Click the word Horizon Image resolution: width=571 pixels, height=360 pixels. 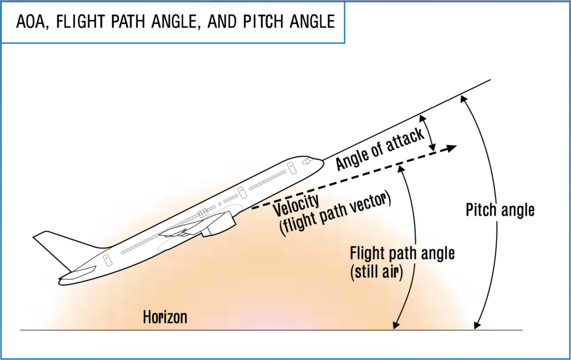pos(164,317)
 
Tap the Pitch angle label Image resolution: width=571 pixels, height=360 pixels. pos(500,210)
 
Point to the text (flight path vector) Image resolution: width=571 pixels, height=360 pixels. pos(334,217)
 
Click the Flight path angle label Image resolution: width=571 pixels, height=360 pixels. pos(402,253)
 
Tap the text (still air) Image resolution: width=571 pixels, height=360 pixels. pos(376,272)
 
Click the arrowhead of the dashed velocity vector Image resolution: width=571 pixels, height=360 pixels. pos(451,148)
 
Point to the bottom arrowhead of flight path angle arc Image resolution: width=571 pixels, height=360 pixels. pos(395,326)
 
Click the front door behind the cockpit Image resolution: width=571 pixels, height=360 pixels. pos(291,168)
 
